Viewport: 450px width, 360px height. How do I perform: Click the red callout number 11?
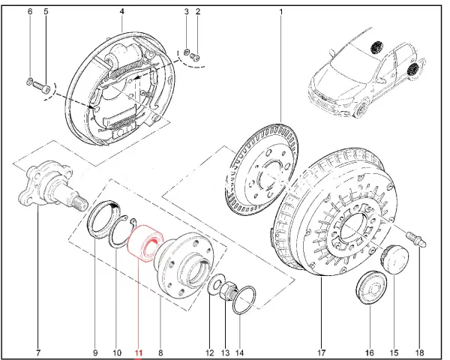point(138,352)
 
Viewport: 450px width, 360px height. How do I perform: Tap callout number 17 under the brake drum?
point(321,352)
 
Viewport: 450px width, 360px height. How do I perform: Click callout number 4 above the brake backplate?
point(122,12)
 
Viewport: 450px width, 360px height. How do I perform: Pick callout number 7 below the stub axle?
point(38,352)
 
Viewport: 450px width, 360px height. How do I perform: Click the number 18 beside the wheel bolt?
point(419,352)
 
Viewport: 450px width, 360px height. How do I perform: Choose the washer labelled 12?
point(215,285)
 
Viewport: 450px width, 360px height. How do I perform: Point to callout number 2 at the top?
point(197,12)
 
